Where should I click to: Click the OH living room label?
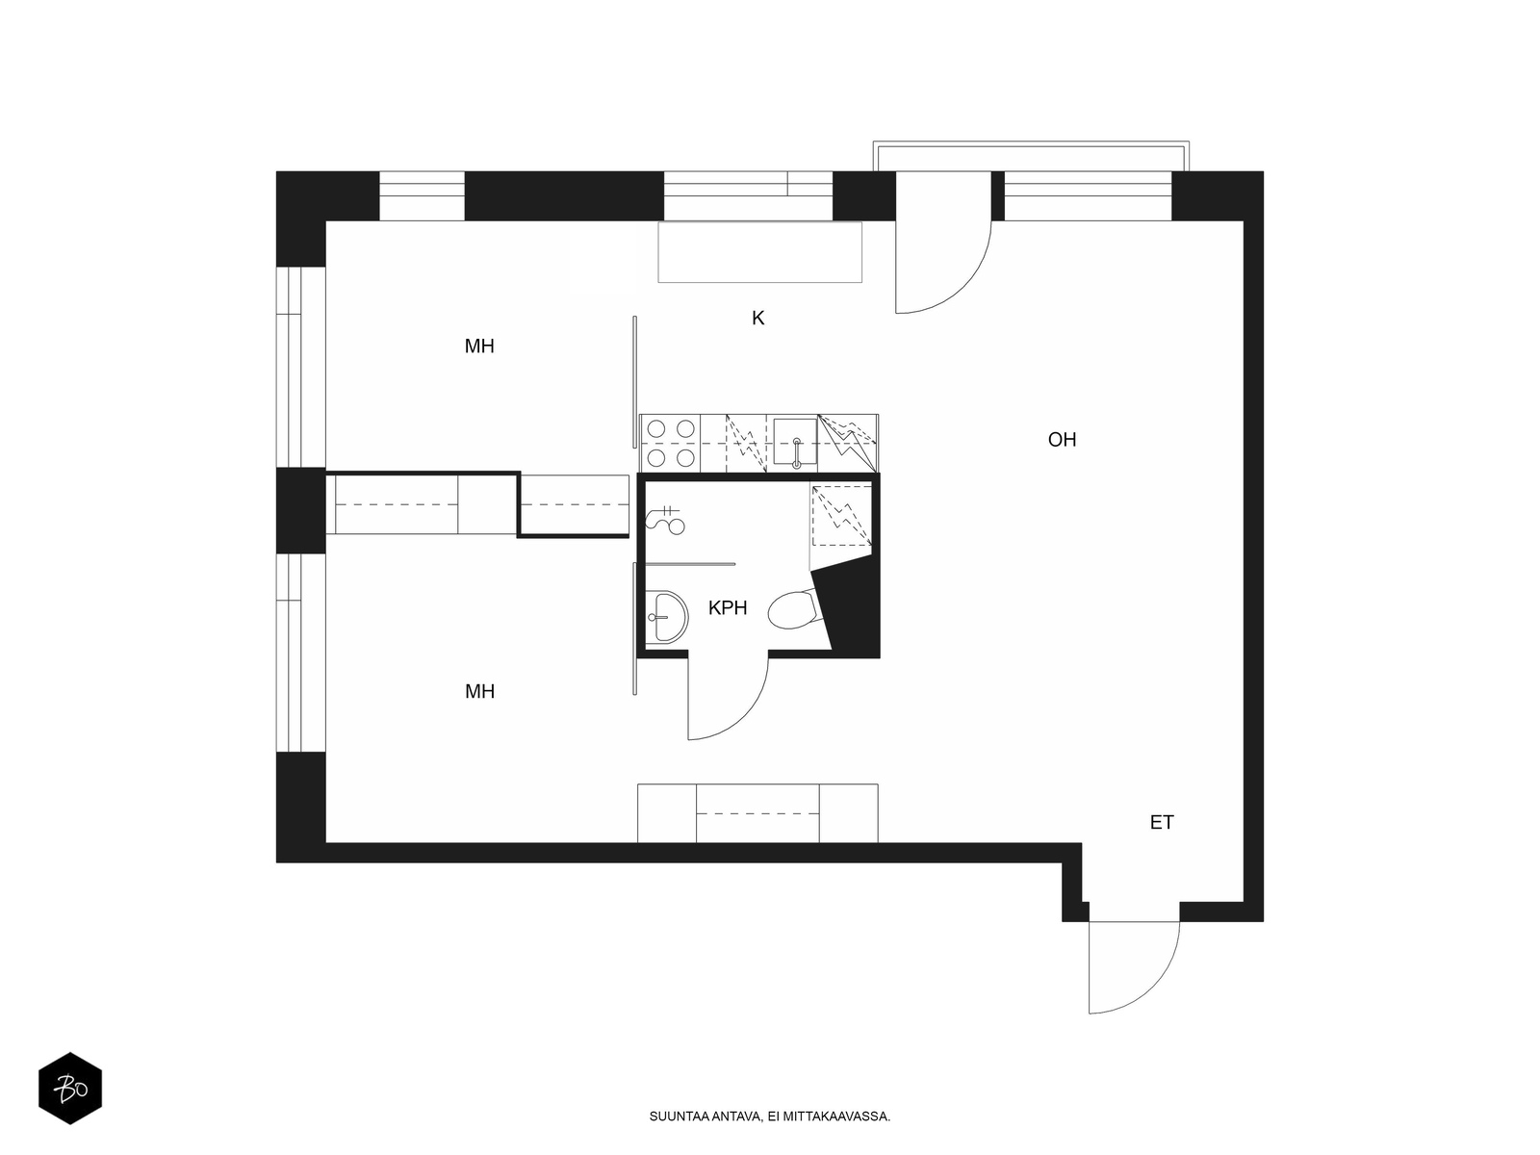tap(1062, 440)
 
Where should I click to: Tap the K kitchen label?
tap(757, 319)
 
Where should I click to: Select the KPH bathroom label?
tap(728, 608)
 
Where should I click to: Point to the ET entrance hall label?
tap(1162, 822)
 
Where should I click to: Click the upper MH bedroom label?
tap(479, 346)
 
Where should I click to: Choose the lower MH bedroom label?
tap(479, 691)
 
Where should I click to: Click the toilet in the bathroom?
tap(794, 610)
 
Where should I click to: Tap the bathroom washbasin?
tap(666, 616)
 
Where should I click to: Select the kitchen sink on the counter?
tap(796, 443)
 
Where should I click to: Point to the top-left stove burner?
tap(656, 428)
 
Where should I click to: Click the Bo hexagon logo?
tap(70, 1088)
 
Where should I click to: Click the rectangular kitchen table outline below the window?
tap(759, 252)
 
